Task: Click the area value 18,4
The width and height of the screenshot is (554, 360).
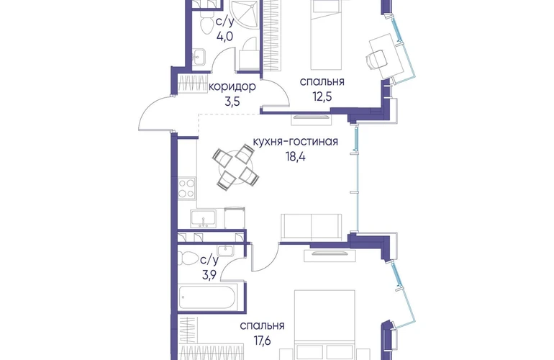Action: coord(296,156)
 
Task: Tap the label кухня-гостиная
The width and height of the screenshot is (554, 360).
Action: coord(296,141)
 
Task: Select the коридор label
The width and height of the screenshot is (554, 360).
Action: coord(232,86)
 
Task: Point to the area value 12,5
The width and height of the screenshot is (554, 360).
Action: coord(322,96)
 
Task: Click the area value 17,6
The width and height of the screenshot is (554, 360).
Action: coord(262,340)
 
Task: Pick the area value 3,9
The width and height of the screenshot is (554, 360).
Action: coord(209,275)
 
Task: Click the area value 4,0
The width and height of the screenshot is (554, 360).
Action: coord(224,36)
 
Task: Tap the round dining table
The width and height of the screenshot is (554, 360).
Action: coord(236,166)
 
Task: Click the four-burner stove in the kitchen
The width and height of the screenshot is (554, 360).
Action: coord(186,188)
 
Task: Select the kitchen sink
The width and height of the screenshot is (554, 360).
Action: coord(203,219)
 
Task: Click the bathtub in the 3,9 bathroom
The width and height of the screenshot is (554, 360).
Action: coord(206,297)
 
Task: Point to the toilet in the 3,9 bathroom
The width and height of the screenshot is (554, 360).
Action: coord(189,258)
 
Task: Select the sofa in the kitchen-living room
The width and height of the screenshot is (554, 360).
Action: coord(312,227)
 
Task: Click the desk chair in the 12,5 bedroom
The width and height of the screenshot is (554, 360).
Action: coord(376,59)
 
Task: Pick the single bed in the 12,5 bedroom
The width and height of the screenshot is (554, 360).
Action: coord(327,35)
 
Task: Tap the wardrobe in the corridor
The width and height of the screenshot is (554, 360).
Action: coord(193,84)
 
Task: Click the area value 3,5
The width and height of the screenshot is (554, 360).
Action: coord(232,102)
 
